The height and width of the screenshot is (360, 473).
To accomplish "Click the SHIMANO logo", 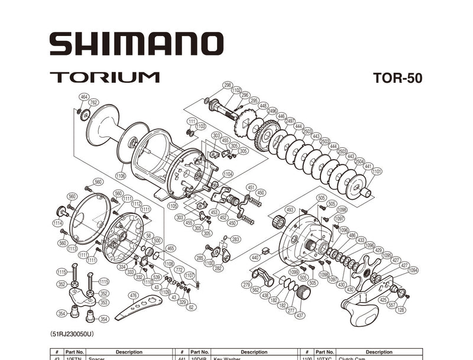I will [x=136, y=44].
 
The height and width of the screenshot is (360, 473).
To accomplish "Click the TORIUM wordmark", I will [x=105, y=77].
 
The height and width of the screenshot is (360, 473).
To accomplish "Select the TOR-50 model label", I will [x=398, y=78].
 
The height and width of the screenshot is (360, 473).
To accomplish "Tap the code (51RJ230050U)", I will [x=72, y=335].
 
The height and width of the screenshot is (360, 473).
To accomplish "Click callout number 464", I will [x=84, y=96].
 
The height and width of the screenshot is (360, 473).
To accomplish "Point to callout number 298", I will [x=228, y=85].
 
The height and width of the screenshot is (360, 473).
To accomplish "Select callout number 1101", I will [x=377, y=171].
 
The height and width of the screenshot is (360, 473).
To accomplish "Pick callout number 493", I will [x=290, y=210].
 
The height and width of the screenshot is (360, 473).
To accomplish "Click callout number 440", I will [x=255, y=258].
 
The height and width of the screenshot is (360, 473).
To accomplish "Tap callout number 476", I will [x=133, y=296].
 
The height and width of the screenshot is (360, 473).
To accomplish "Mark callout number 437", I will [x=300, y=315].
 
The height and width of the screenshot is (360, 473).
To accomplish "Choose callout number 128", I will [x=401, y=310].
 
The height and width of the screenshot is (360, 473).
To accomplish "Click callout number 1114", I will [x=57, y=223].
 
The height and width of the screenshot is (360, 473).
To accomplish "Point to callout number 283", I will [x=235, y=239].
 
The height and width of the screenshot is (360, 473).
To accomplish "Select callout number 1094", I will [x=413, y=270].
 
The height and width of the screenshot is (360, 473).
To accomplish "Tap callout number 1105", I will [x=173, y=206].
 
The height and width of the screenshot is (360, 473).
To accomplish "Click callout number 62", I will [x=190, y=307].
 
